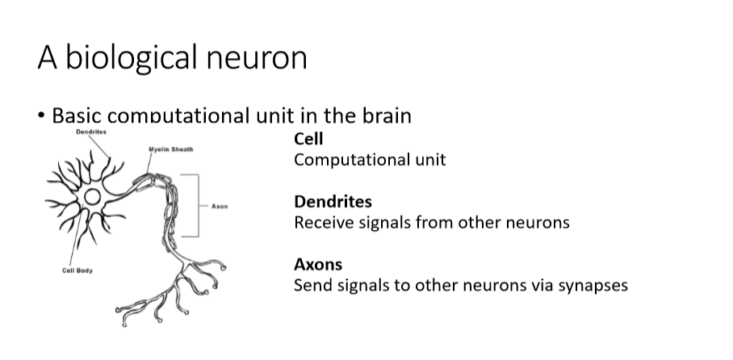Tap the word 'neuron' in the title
click(259, 58)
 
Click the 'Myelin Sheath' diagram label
click(170, 149)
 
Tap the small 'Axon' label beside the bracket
click(220, 206)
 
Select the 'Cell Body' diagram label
click(77, 270)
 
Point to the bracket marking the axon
click(196, 205)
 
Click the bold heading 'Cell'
click(308, 140)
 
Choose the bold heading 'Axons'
click(318, 265)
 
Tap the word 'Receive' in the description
click(322, 222)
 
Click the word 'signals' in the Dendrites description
click(381, 222)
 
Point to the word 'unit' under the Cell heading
click(430, 160)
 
